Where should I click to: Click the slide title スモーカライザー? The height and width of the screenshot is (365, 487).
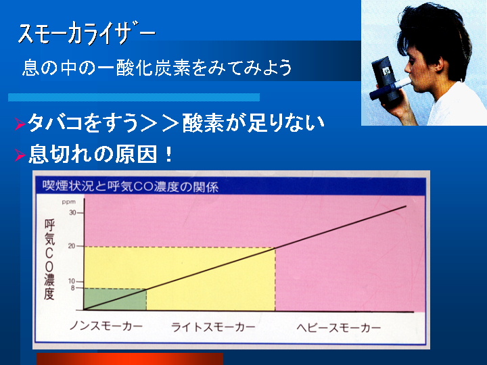pos(87,33)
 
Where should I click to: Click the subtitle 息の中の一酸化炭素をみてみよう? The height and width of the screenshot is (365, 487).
pos(157,68)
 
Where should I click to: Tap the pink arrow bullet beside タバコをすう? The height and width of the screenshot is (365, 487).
pos(20,124)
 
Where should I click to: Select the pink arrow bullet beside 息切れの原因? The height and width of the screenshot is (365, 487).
pos(20,155)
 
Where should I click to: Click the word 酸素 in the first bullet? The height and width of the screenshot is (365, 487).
pos(203,123)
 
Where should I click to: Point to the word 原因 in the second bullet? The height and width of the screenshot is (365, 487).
pos(136,154)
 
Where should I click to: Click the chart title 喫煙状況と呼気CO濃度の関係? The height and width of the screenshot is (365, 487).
pos(131,187)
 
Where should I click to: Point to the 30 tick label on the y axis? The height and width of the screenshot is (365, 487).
pos(72,213)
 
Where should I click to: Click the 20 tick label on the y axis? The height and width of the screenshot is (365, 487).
pos(72,246)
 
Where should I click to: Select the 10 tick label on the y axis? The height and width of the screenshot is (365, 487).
pos(72,281)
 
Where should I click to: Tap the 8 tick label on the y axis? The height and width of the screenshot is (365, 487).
pos(73,288)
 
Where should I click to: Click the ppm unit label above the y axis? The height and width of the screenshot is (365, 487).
pos(68,202)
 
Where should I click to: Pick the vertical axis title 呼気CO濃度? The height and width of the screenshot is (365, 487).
pos(49,259)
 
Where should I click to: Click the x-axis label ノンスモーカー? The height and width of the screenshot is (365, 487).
pos(106,326)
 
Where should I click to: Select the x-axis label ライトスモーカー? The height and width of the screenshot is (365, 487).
pos(213,327)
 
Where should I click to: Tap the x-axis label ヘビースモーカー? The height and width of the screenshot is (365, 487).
pos(339,327)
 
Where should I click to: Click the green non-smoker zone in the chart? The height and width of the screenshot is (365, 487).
pos(115,299)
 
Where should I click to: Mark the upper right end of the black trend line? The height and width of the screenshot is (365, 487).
pos(407,205)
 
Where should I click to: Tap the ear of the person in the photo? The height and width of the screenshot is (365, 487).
pos(439,64)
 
